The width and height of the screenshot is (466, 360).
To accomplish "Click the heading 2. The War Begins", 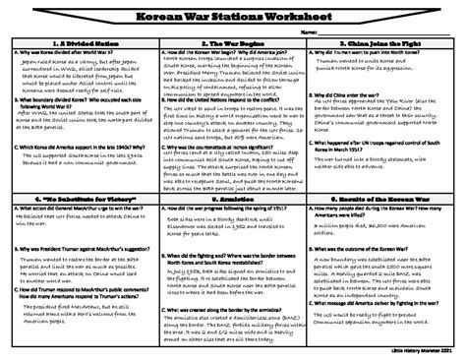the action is click(233, 45).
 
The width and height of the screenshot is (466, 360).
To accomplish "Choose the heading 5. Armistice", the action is click(233, 196).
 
